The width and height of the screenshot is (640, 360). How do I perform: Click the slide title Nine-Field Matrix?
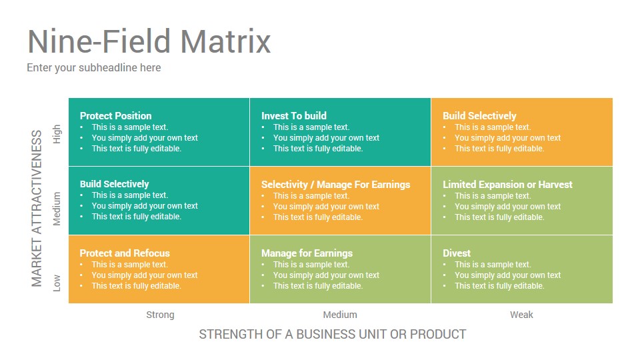point(149,41)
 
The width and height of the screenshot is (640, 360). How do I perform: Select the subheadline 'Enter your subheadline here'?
point(94,68)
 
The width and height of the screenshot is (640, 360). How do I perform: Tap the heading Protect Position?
point(115,116)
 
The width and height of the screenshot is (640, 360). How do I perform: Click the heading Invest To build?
point(294,116)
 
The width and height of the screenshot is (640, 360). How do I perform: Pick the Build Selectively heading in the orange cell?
point(479,116)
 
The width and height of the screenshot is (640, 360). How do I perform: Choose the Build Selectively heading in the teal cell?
point(114,184)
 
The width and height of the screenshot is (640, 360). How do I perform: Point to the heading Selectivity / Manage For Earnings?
point(335,185)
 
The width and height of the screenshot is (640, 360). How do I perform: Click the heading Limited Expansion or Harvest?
point(507,185)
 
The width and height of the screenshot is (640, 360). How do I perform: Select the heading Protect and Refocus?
point(125,253)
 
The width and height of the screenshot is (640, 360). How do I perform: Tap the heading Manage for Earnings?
point(307,253)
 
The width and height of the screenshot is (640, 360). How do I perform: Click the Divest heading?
point(457,253)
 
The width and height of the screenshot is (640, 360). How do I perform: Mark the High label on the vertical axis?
point(57,134)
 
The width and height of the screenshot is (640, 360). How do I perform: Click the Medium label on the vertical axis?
point(57,209)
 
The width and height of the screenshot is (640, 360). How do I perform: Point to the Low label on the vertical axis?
point(57,283)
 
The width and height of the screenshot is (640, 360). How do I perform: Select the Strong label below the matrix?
point(160,315)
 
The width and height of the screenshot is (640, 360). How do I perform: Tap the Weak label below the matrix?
point(521,315)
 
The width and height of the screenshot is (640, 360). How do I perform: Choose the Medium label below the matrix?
point(340,315)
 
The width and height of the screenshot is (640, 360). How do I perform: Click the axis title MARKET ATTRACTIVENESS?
point(37,209)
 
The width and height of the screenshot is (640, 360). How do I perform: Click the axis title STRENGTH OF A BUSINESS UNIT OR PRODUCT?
point(332,334)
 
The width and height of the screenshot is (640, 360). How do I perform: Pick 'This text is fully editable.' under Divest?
point(499,286)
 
